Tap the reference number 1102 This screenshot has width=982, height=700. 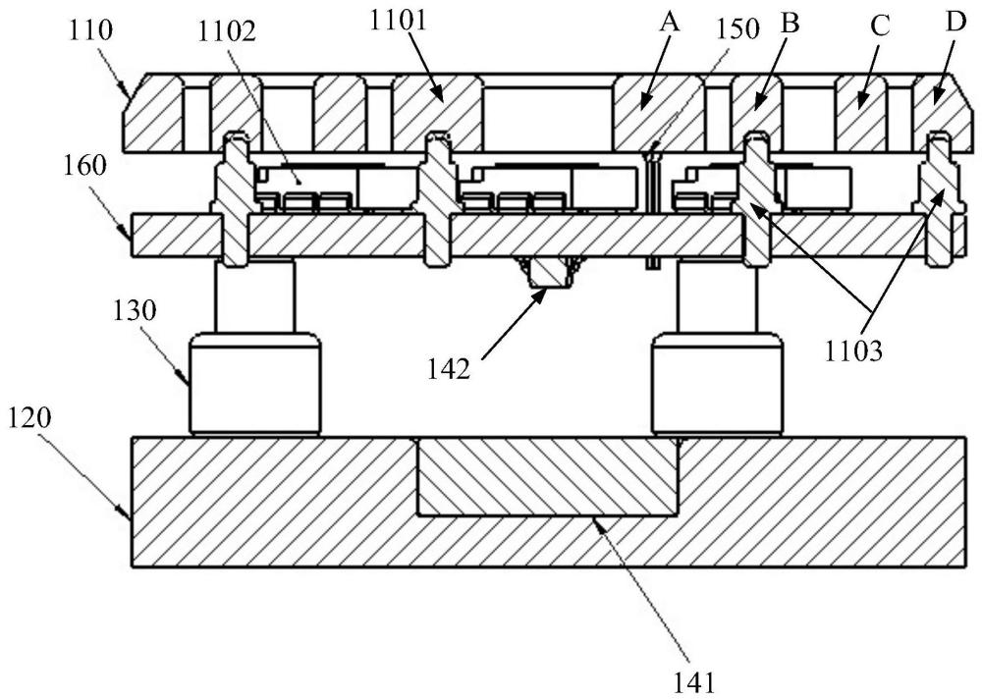pyautogui.click(x=227, y=30)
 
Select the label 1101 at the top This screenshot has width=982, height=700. pyautogui.click(x=399, y=21)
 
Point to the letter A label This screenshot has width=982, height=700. pyautogui.click(x=669, y=24)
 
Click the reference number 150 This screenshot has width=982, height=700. pyautogui.click(x=738, y=28)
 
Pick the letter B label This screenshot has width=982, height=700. pyautogui.click(x=791, y=24)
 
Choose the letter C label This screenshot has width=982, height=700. pyautogui.click(x=880, y=27)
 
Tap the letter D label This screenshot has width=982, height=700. pyautogui.click(x=956, y=23)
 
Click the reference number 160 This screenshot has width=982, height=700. pyautogui.click(x=84, y=167)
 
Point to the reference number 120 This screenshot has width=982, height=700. pyautogui.click(x=29, y=419)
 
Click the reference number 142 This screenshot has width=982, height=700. pyautogui.click(x=449, y=369)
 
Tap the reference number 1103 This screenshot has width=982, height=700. pyautogui.click(x=852, y=351)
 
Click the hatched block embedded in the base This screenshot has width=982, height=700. pyautogui.click(x=547, y=477)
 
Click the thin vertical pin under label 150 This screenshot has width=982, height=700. pyautogui.click(x=651, y=206)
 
